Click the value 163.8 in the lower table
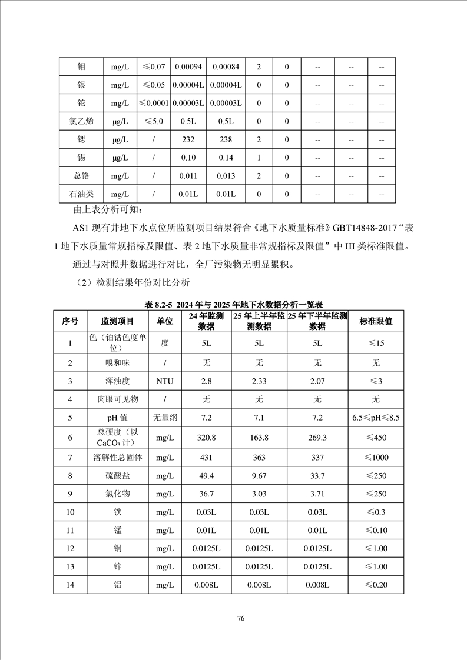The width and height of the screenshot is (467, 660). [x=259, y=438]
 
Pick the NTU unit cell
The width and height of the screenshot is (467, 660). [x=165, y=381]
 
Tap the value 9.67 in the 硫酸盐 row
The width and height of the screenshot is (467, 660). [x=259, y=475]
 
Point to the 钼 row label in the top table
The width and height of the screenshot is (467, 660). [x=81, y=67]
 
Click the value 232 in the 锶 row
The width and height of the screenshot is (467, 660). [x=188, y=139]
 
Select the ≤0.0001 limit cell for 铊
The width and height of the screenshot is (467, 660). [x=154, y=103]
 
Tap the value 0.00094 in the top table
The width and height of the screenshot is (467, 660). [x=188, y=67]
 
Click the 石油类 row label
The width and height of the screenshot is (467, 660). [x=81, y=194]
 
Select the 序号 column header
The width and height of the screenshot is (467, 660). [x=70, y=322]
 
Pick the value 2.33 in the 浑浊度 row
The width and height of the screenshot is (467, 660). [x=259, y=381]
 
